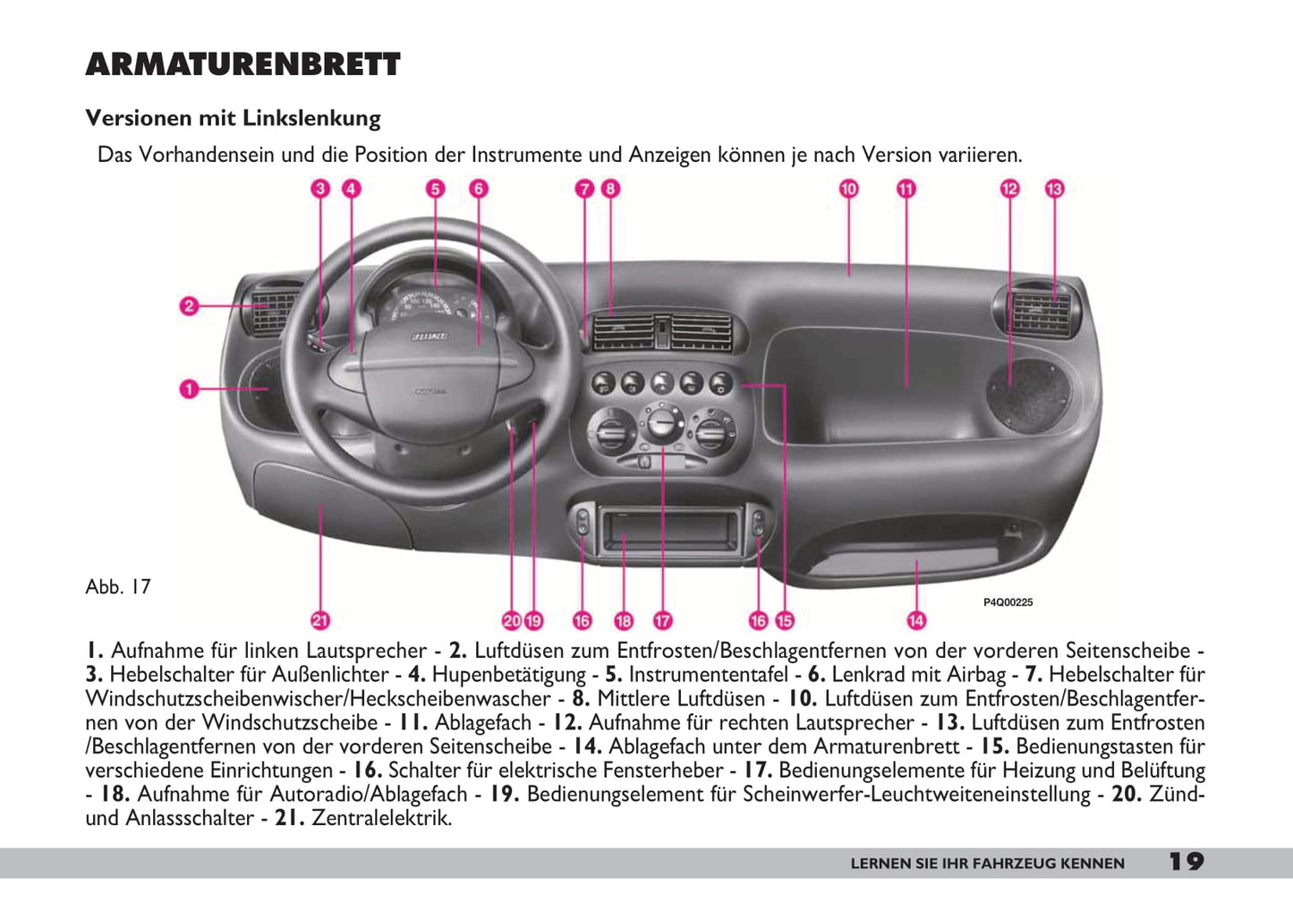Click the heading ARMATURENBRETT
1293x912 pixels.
point(242,65)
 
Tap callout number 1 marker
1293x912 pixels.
point(189,388)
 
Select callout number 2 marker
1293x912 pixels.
point(189,306)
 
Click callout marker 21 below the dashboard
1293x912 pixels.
point(320,619)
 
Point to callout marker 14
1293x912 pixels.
point(916,619)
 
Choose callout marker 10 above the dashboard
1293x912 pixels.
point(848,189)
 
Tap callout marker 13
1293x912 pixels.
point(1054,189)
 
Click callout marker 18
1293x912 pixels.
point(624,619)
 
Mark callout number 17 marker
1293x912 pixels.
point(662,619)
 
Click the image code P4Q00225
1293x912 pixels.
point(1008,602)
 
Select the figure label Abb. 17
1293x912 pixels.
point(118,587)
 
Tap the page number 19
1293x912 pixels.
point(1186,862)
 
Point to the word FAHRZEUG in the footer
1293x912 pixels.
point(1013,864)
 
